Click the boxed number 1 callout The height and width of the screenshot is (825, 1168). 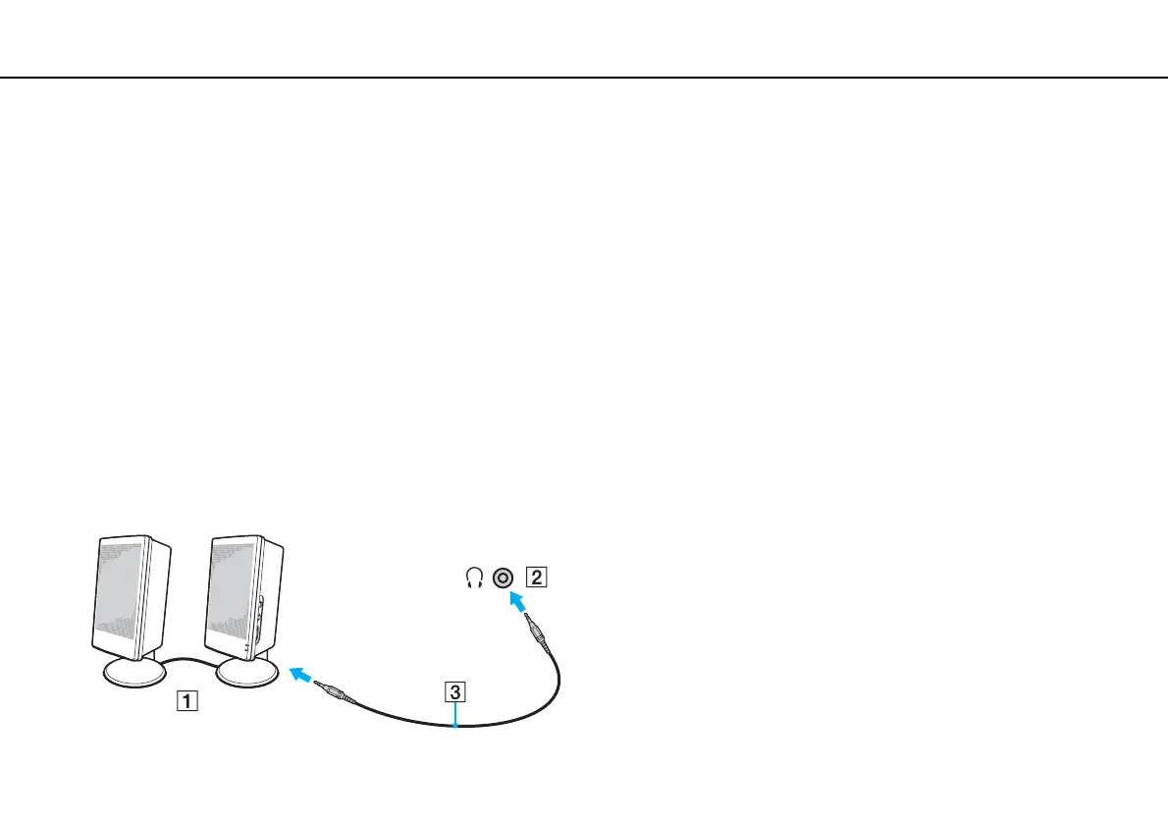[x=185, y=701]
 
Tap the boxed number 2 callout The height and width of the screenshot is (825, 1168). [x=534, y=577]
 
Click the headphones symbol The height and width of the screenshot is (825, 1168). [x=474, y=578]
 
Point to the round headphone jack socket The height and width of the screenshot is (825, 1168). [x=504, y=577]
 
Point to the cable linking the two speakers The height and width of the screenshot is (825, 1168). [x=191, y=660]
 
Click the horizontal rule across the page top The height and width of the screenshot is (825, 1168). [x=584, y=78]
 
